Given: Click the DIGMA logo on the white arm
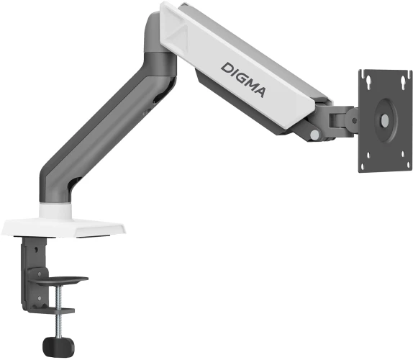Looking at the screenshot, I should click(244, 78).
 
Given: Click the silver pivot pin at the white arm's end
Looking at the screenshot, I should click(314, 134).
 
